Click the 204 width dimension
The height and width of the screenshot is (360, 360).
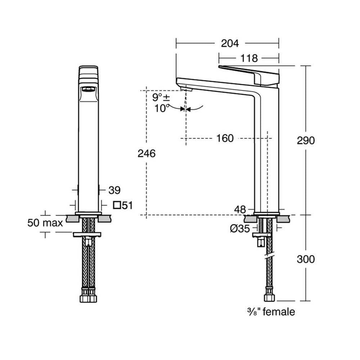(x=229, y=43)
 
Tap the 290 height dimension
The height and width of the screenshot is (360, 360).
(x=306, y=140)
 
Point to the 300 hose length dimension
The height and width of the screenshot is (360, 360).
(x=306, y=258)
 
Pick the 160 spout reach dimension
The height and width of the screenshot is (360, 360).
(x=225, y=138)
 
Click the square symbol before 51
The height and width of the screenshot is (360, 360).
(x=117, y=206)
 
